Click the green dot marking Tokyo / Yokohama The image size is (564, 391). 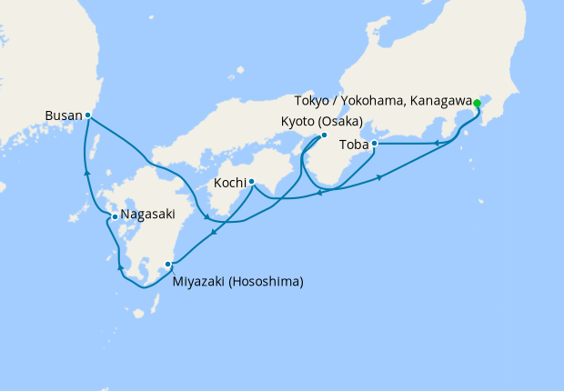477,102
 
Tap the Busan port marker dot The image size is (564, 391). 87,115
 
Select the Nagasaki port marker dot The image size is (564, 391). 114,216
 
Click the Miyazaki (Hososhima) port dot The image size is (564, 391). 168,265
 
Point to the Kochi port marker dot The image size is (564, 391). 251,181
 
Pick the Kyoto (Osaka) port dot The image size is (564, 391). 324,136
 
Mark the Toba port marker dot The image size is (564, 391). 374,143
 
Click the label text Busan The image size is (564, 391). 63,115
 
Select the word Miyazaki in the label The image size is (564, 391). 197,281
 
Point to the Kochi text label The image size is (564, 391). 229,183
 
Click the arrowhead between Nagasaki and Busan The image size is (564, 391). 87,171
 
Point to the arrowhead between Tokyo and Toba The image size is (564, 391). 437,142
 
